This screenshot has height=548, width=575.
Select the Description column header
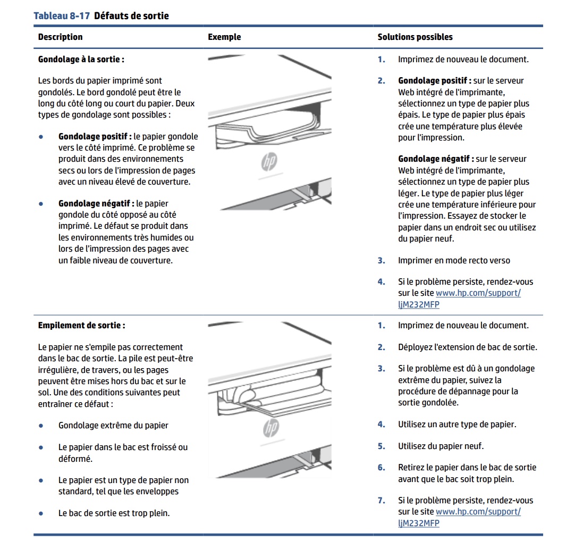pyautogui.click(x=60, y=37)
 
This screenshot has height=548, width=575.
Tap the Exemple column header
pyautogui.click(x=224, y=37)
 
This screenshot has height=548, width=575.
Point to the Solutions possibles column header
pyautogui.click(x=415, y=37)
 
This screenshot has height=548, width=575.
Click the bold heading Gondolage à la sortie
pyautogui.click(x=81, y=59)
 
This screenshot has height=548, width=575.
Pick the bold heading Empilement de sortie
pyautogui.click(x=81, y=325)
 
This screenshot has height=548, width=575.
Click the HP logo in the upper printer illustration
pyautogui.click(x=269, y=161)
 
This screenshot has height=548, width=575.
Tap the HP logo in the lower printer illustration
pyautogui.click(x=270, y=428)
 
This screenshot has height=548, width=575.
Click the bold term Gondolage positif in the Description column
pyautogui.click(x=95, y=136)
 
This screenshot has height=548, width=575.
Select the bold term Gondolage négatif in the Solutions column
pyautogui.click(x=435, y=159)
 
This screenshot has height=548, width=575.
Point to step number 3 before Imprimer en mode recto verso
pyautogui.click(x=381, y=261)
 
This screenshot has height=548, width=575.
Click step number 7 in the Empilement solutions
pyautogui.click(x=381, y=501)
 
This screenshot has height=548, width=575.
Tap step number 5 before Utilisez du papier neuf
pyautogui.click(x=381, y=446)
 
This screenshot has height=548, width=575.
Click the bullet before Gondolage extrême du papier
pyautogui.click(x=41, y=426)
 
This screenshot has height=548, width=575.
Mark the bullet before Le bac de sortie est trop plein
pyautogui.click(x=41, y=513)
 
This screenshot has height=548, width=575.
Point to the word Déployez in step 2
pyautogui.click(x=415, y=347)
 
